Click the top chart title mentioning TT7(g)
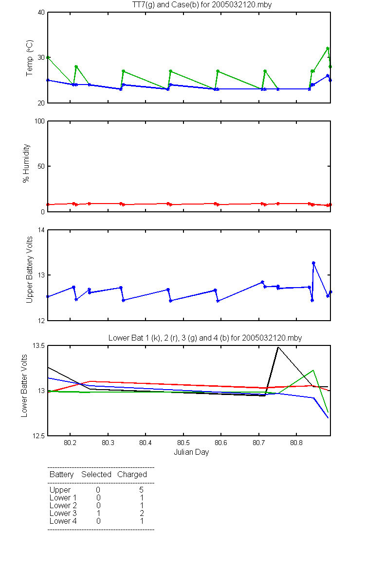[202, 5]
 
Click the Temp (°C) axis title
[30, 58]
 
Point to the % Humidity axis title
[26, 163]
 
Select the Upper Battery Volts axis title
[30, 270]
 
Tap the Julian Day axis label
[191, 452]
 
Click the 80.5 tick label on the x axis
[183, 443]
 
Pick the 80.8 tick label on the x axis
[296, 443]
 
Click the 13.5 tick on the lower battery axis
[38, 345]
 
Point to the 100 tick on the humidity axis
[39, 121]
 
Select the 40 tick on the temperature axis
[41, 13]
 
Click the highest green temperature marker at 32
[328, 49]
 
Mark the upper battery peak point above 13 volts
[313, 263]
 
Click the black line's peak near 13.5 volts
[278, 347]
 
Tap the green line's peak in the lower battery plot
[313, 370]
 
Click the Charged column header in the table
[132, 475]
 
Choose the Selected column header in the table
[96, 474]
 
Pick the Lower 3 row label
[63, 513]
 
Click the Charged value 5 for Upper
[141, 490]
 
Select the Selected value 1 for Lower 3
[98, 513]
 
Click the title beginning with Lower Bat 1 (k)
[205, 338]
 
